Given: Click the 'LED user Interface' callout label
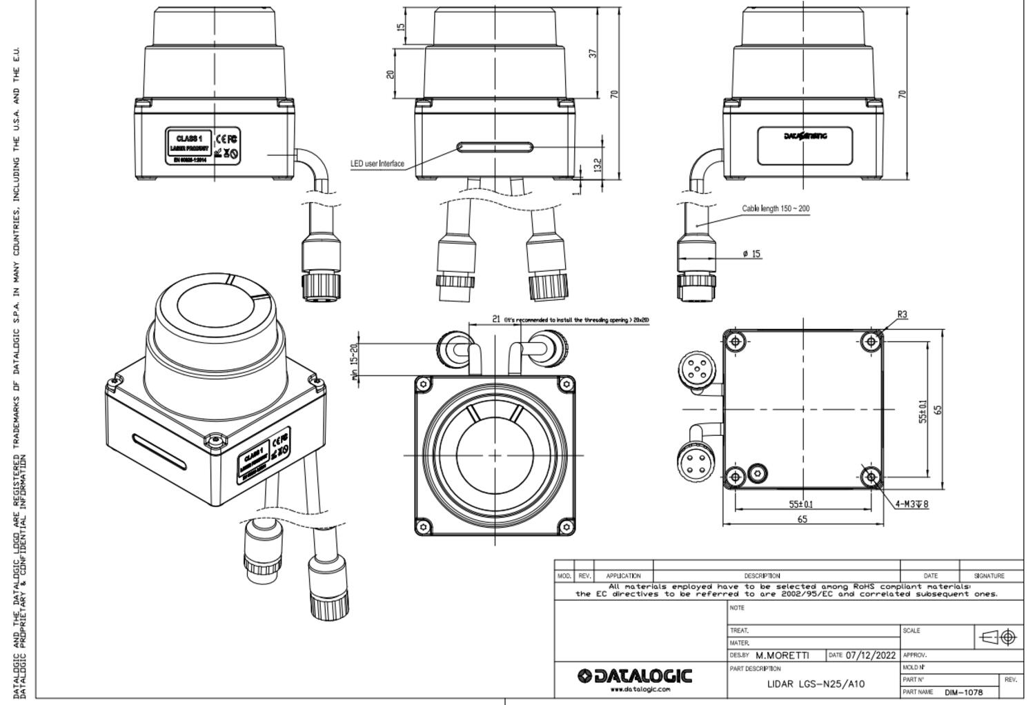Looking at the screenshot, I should (377, 163).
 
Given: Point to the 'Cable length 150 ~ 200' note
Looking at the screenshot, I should (776, 208).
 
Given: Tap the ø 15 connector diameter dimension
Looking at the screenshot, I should (752, 254).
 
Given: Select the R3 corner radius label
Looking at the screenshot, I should (903, 315).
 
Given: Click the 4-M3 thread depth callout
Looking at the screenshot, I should (911, 504).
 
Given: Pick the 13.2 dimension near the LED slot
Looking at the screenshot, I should (598, 165).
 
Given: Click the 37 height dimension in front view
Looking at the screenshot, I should (593, 53).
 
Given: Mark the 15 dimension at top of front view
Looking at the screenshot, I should (401, 27).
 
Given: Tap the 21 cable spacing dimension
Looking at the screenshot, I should (496, 319).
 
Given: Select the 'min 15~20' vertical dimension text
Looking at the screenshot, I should (355, 362).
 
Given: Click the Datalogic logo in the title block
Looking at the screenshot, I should (635, 676).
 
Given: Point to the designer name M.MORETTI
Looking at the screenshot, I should (782, 655).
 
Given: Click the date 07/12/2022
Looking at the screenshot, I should (871, 655).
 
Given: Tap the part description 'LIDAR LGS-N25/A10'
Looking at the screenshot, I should (816, 684).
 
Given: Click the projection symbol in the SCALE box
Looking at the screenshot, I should (998, 637).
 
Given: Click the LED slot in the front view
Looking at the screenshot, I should (495, 147).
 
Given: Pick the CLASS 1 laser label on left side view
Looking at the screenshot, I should (189, 139).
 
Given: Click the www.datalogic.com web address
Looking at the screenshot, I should (640, 689).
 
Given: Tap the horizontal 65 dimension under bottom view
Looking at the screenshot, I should (802, 519).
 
